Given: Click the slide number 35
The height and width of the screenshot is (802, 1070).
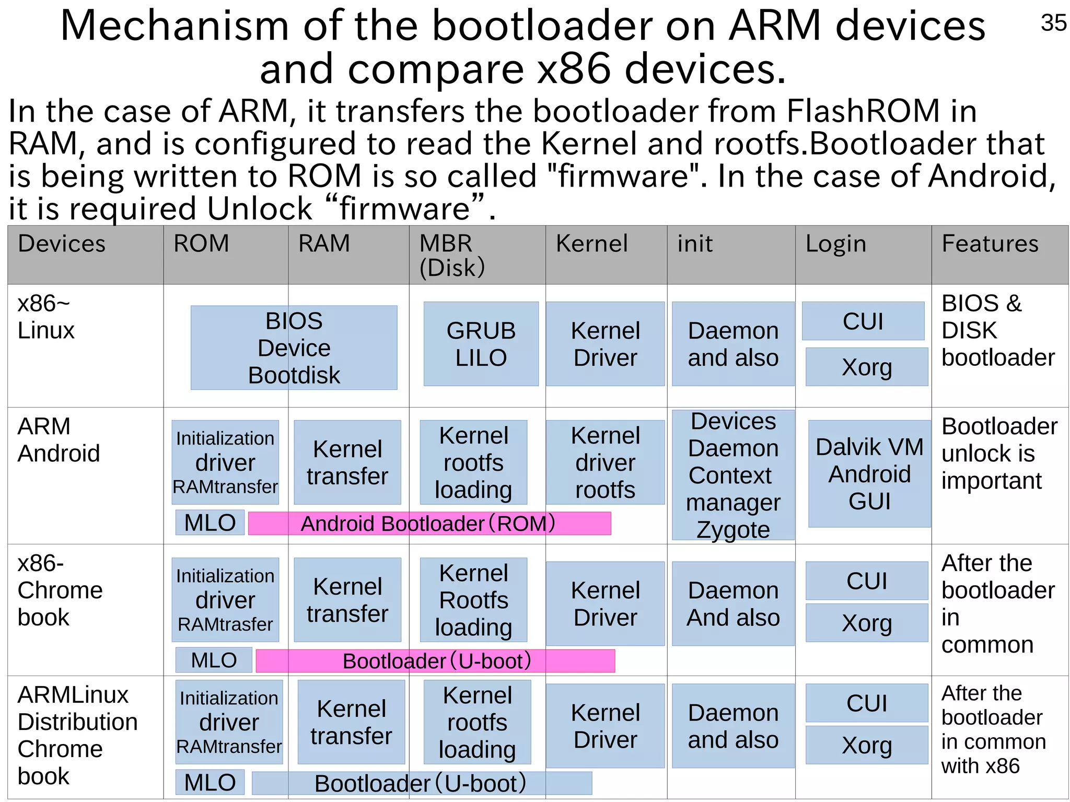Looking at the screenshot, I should [x=1053, y=23].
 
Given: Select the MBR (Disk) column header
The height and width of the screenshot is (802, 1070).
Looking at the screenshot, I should [x=452, y=255].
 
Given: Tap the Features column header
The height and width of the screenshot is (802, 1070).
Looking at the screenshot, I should [x=990, y=243].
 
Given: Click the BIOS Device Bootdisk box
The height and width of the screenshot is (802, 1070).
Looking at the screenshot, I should [x=294, y=347].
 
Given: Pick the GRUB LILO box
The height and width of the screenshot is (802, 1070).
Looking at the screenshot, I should [x=481, y=344].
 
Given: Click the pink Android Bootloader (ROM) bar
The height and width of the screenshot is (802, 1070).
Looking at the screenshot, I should [x=429, y=523].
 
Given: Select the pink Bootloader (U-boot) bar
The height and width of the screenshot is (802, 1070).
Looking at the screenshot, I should [x=435, y=660].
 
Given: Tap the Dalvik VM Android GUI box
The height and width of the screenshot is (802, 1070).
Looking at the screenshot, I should [x=869, y=473].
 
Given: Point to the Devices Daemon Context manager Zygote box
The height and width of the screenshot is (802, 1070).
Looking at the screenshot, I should [x=732, y=475].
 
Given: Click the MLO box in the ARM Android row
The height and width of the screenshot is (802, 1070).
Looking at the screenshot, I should [x=210, y=522].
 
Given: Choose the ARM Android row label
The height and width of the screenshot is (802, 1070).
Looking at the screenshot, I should [x=59, y=440].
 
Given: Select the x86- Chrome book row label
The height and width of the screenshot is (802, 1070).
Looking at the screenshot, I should [x=60, y=590].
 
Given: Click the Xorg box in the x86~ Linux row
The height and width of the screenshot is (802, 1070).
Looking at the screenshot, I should [x=866, y=367].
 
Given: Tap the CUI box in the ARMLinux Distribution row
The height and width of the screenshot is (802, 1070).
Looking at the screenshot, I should [x=866, y=703].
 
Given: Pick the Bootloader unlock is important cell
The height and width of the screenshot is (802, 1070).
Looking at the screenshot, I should [x=998, y=453].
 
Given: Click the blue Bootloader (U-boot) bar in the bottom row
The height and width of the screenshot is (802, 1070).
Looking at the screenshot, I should [x=421, y=783].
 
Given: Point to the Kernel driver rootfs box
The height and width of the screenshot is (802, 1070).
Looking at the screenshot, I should [x=605, y=462].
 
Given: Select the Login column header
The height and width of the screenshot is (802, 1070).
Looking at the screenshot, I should [x=835, y=243].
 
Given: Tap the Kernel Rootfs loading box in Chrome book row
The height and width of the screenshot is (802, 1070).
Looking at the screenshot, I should [x=473, y=600].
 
